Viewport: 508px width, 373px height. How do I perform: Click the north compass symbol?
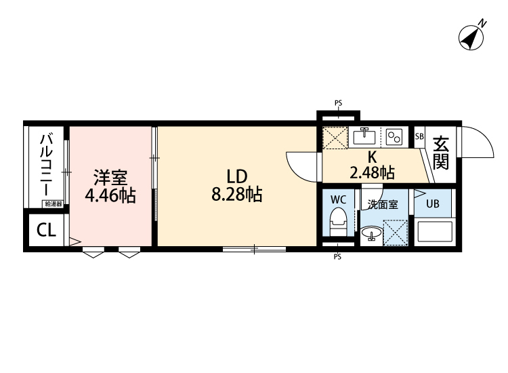click(x=471, y=37)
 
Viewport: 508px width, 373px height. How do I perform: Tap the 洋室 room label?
click(x=110, y=178)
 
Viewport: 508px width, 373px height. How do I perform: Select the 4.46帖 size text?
click(x=110, y=195)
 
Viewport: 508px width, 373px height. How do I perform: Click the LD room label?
click(x=237, y=177)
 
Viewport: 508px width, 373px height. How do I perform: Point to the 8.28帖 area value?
click(x=237, y=195)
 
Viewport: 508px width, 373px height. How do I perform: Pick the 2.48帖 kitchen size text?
click(x=372, y=172)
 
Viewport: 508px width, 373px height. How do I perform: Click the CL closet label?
click(x=46, y=230)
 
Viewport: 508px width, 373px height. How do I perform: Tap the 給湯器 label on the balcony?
click(x=54, y=204)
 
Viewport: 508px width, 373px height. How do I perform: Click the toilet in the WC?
click(x=338, y=222)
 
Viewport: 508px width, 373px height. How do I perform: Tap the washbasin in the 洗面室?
click(x=371, y=234)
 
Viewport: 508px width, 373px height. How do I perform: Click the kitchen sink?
click(x=364, y=136)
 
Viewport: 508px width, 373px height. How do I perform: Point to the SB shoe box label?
click(x=419, y=136)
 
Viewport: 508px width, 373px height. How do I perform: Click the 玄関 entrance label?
click(x=441, y=153)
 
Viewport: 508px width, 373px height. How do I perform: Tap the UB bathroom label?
click(x=433, y=203)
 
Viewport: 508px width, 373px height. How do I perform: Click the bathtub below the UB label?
click(x=435, y=232)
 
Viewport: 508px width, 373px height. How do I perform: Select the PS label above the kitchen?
click(x=338, y=103)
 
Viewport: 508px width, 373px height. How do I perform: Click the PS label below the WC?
click(x=337, y=257)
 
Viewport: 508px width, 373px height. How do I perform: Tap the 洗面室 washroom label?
click(x=383, y=205)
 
